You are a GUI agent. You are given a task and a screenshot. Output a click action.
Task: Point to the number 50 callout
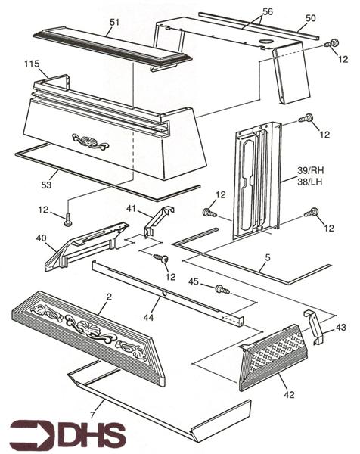point(310,17)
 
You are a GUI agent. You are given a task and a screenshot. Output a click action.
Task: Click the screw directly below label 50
point(331,45)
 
